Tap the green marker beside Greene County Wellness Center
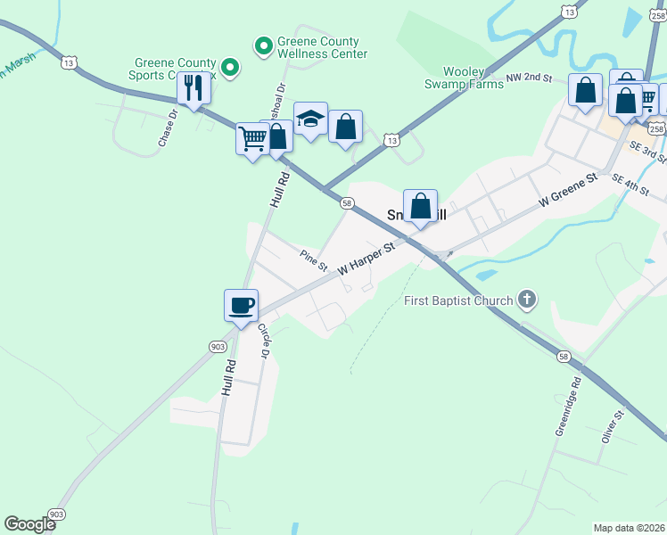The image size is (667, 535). [x=264, y=45]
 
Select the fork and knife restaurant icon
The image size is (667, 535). [x=193, y=87]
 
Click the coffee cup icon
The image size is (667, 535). [x=241, y=305]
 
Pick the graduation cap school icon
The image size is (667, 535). [x=310, y=119]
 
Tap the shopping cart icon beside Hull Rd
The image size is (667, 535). [x=252, y=138]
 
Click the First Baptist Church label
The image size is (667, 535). [x=457, y=300]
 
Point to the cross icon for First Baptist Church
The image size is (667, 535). [x=527, y=299]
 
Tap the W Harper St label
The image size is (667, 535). [x=366, y=259]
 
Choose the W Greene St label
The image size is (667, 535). [x=566, y=192]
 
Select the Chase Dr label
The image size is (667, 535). [x=168, y=129]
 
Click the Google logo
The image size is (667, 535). [x=29, y=524]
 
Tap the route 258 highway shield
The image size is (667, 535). [x=657, y=129]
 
